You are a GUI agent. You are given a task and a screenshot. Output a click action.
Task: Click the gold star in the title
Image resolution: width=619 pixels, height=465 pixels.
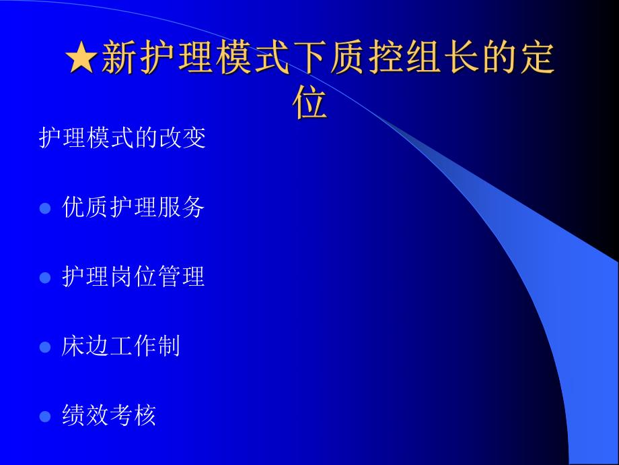click(x=82, y=59)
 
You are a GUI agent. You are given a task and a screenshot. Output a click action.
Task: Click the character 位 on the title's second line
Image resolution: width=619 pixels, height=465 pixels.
click(x=310, y=103)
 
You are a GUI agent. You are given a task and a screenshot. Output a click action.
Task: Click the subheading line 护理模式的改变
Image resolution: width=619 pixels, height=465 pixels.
click(x=122, y=138)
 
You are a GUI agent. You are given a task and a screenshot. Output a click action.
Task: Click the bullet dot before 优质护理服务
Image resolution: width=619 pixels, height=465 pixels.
click(x=45, y=208)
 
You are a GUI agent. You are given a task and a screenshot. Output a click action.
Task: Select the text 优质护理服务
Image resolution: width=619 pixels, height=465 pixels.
click(x=133, y=208)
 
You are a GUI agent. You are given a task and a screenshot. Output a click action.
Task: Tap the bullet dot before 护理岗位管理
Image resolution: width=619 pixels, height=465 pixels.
click(x=45, y=278)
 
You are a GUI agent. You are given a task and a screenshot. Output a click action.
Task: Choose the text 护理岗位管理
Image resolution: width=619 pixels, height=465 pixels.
click(x=133, y=277)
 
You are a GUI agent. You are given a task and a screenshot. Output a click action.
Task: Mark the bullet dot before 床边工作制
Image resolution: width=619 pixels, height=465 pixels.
click(x=45, y=348)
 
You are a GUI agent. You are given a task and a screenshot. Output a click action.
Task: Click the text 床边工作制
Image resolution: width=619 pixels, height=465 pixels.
click(x=121, y=346)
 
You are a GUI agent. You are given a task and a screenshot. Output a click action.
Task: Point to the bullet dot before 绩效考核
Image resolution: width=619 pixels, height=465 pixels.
click(x=45, y=416)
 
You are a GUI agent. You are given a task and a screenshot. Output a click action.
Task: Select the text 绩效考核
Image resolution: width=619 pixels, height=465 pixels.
click(x=109, y=416)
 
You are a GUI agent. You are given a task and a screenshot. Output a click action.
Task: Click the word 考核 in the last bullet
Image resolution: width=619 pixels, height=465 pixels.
click(x=133, y=416)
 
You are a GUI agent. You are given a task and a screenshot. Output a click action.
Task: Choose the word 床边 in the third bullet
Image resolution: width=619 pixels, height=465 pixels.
click(x=85, y=346)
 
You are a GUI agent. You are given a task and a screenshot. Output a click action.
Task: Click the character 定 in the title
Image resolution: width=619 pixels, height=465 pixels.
click(x=536, y=59)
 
